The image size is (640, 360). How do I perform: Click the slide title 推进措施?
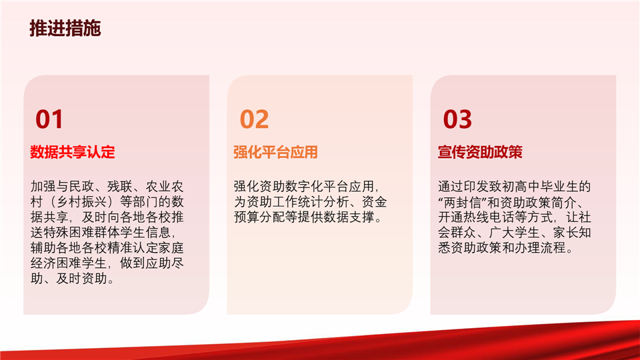[x=65, y=28]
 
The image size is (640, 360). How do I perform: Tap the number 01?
[x=49, y=119]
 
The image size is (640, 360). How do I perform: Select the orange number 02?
[x=254, y=119]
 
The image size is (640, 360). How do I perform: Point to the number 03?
[x=457, y=119]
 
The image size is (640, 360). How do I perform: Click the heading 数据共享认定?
[x=72, y=152]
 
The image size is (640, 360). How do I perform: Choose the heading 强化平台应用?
[x=275, y=152]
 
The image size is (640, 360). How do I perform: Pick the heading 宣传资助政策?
[x=480, y=152]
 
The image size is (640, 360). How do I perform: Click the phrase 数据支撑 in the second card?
[x=349, y=217]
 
